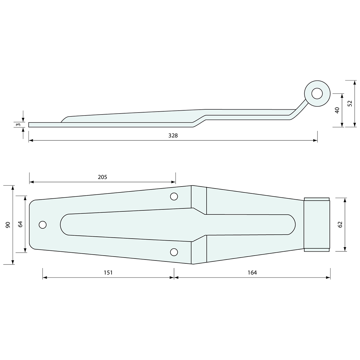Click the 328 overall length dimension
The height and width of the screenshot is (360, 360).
point(173,135)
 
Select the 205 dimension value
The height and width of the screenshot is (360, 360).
point(102,177)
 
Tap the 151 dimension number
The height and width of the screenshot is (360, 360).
point(108,272)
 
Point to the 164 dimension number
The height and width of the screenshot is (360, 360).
point(252,272)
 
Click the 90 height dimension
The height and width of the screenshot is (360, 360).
point(8,225)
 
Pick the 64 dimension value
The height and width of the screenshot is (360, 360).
point(20,224)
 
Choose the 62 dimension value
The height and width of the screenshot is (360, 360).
point(340,225)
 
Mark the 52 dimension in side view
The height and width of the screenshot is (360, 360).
point(350,103)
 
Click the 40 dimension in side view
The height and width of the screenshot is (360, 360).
point(337,110)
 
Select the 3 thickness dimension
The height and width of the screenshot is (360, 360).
point(19,125)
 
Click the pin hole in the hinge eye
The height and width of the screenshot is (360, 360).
point(317,94)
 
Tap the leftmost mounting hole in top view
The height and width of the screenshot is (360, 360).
point(43,225)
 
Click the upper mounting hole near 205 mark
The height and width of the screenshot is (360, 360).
point(174,196)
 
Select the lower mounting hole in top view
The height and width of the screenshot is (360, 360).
point(174,252)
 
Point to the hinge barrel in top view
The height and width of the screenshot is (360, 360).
point(316,225)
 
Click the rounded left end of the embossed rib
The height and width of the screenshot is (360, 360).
point(63,225)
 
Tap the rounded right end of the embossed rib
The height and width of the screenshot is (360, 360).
point(292,225)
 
